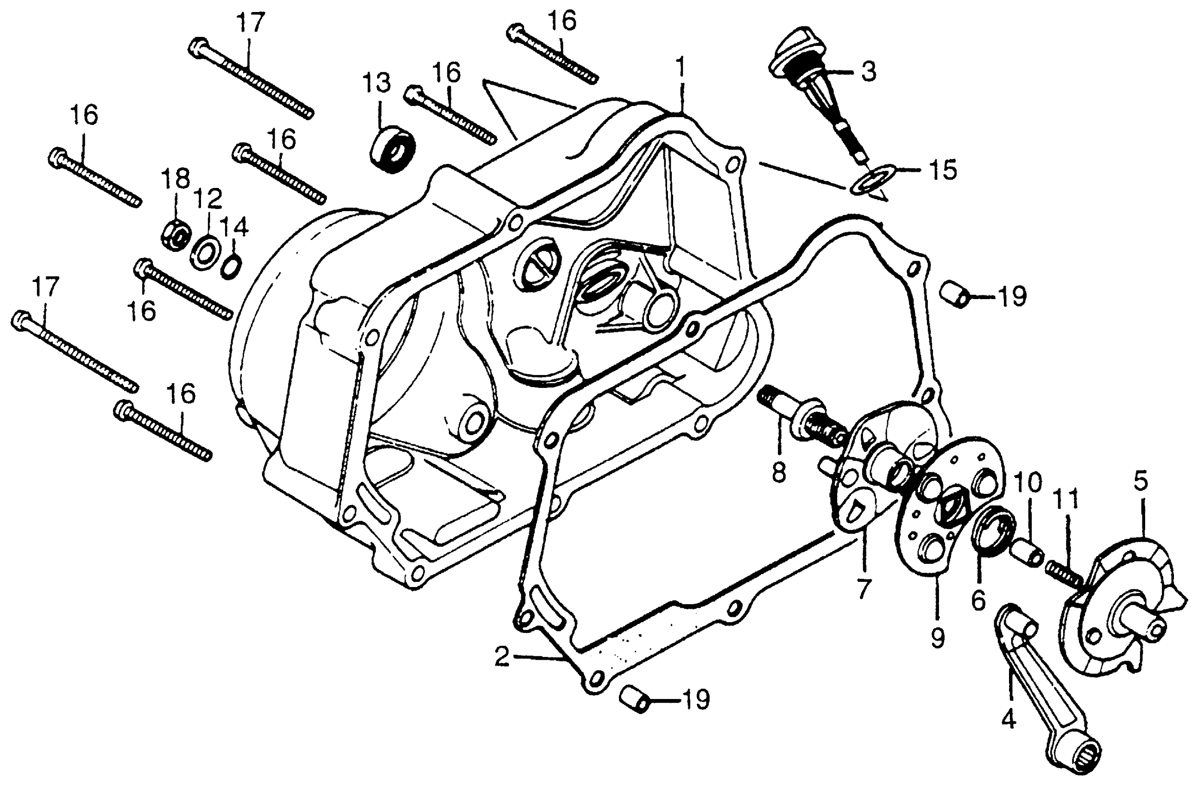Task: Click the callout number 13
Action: pyautogui.click(x=378, y=83)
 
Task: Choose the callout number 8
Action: pyautogui.click(x=779, y=473)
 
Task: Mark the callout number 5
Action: pyautogui.click(x=1141, y=482)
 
